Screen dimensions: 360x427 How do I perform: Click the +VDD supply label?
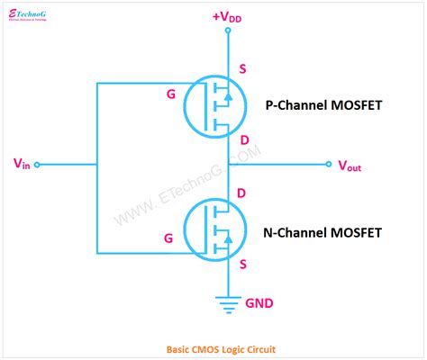point(228,15)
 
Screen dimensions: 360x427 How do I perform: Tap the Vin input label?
point(23,164)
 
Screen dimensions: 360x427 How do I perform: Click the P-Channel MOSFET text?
point(323,105)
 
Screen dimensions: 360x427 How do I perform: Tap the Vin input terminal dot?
point(38,165)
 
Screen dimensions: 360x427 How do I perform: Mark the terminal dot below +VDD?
point(228,31)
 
